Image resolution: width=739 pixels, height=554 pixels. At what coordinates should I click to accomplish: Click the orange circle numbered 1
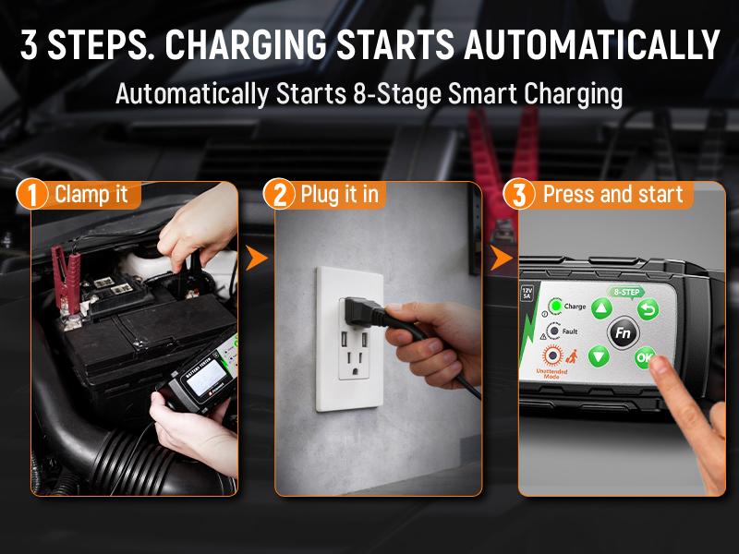point(33,196)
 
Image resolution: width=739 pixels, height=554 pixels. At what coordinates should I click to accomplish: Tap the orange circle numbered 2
point(278,196)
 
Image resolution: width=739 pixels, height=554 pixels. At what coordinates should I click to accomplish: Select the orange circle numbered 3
point(520,196)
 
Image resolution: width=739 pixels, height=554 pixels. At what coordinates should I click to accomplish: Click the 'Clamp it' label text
point(97,195)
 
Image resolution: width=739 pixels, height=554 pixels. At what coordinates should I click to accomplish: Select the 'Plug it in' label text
point(339,195)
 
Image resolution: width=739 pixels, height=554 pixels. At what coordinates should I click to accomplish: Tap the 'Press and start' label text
point(612,195)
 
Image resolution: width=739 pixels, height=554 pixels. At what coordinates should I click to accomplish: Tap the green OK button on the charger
point(645,355)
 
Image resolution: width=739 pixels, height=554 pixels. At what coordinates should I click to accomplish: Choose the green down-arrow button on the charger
point(600,355)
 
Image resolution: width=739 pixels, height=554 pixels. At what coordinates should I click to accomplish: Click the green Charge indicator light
point(555,307)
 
